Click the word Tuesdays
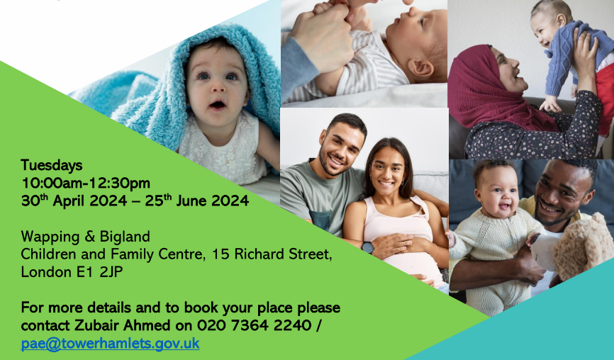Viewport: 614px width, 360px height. coord(52,166)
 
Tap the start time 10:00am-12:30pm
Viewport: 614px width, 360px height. coord(86,183)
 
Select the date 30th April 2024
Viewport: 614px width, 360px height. coord(74,201)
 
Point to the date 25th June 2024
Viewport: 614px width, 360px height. coord(197,201)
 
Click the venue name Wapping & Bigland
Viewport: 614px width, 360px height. coord(85,237)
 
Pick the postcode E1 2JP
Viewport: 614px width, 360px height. coord(99,272)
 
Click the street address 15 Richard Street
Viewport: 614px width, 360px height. coord(272,254)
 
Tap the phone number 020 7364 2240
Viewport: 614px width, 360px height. coord(254,325)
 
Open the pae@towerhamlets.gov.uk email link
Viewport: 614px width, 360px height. coord(110,344)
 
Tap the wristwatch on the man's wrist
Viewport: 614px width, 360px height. coord(367,247)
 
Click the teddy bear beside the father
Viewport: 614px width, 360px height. coord(584,247)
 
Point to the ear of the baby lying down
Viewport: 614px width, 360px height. coord(421,68)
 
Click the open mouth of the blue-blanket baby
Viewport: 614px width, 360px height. coord(218,105)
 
